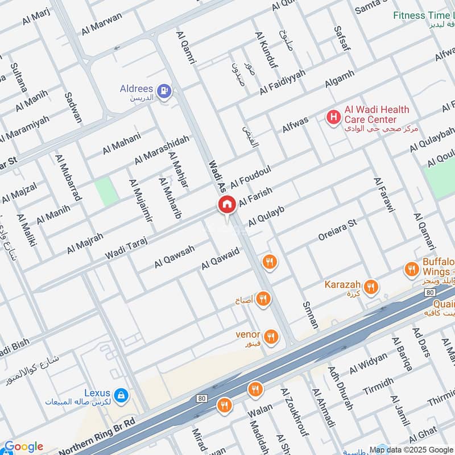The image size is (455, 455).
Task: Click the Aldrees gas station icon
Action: [x=164, y=90]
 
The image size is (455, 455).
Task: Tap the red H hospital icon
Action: [x=333, y=117]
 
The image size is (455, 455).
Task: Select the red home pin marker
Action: [x=226, y=205]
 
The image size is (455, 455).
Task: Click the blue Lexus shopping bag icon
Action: [x=121, y=394]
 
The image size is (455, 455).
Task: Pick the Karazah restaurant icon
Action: [x=371, y=286]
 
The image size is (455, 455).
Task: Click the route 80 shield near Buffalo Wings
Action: [x=429, y=292]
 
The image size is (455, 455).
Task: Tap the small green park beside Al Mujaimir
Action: [x=106, y=192]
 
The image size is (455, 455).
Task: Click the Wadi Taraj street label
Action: [x=126, y=249]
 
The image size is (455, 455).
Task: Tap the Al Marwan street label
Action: [x=102, y=24]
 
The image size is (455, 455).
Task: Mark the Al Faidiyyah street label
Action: [x=283, y=82]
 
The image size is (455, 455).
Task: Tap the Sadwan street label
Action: [x=73, y=107]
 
